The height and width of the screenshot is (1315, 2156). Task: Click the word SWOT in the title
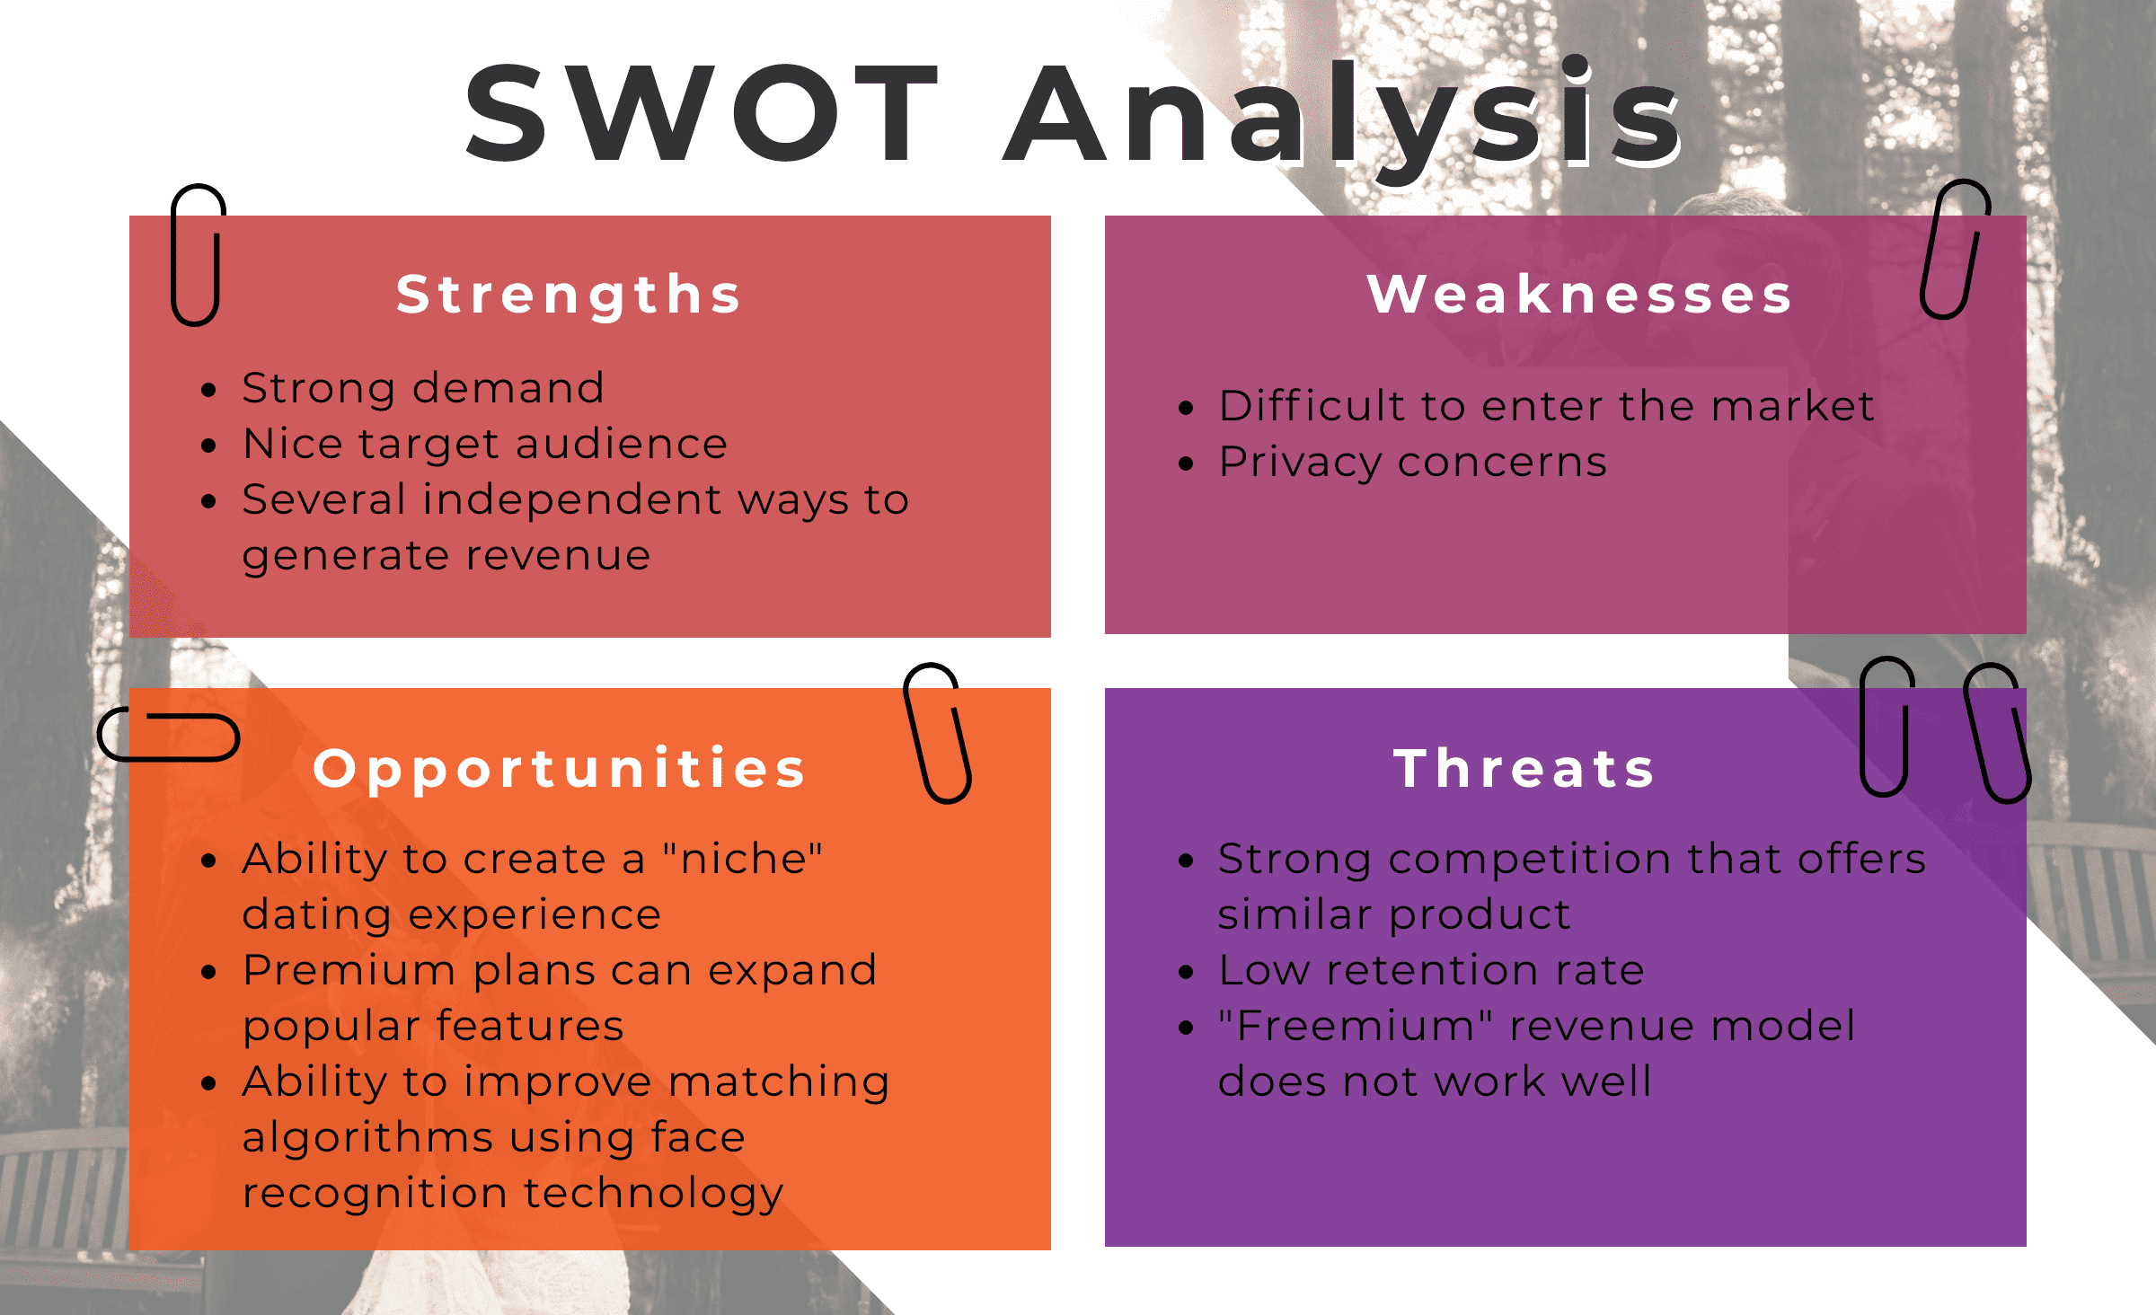pos(702,114)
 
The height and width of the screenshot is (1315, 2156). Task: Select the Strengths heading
pos(569,296)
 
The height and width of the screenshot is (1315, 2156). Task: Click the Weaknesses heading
pos(1579,294)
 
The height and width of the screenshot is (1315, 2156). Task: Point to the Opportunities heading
pos(560,770)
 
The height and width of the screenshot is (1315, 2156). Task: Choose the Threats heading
pos(1524,769)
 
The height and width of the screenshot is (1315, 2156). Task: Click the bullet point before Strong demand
pos(209,390)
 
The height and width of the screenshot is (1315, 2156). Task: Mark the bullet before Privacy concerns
pos(1186,463)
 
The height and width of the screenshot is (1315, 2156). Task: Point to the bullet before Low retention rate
pos(1186,972)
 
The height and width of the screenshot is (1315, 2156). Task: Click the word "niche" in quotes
pos(742,858)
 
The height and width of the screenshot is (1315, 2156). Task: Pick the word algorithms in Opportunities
pos(367,1138)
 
